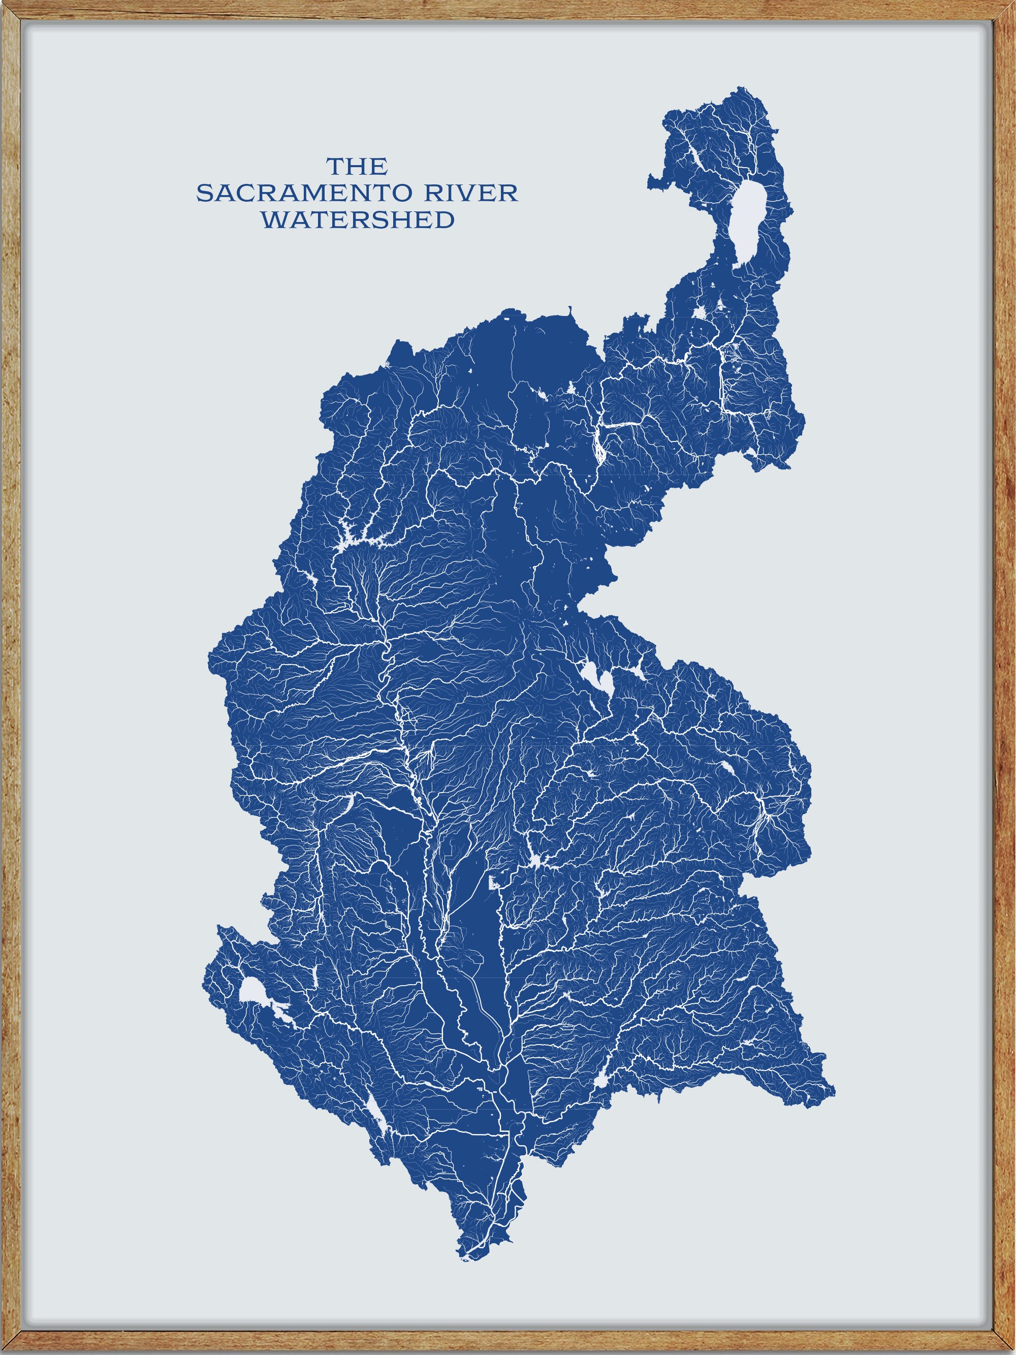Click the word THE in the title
[357, 166]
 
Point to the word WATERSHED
[358, 220]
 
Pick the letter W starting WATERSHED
[273, 220]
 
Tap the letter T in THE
[334, 166]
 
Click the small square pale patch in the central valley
[491, 883]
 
